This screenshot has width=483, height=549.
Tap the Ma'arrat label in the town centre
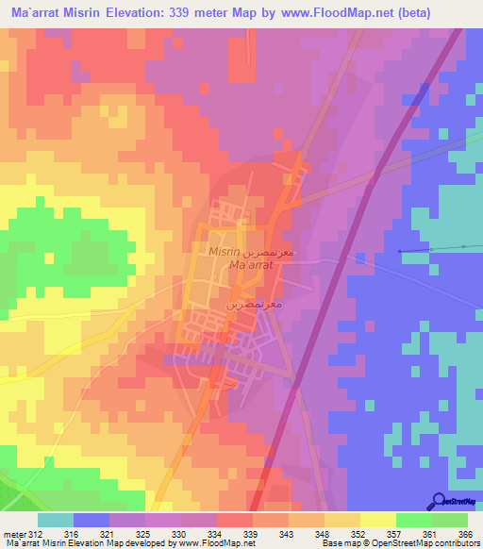tap(251, 267)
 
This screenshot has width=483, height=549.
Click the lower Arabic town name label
tap(248, 306)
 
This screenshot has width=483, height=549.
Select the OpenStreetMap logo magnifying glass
tap(439, 501)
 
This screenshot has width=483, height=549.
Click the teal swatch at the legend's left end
tap(56, 520)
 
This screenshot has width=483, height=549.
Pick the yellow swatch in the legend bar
tap(377, 520)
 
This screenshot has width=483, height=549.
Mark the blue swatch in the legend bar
tap(92, 520)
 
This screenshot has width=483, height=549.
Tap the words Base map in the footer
tap(338, 543)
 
